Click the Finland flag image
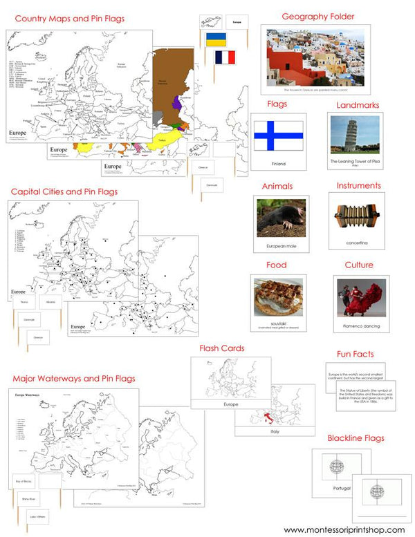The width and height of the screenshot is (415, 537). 278,135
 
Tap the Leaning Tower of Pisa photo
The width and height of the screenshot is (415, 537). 354,134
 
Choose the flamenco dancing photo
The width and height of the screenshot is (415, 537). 358,296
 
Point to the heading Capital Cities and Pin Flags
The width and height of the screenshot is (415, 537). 64,191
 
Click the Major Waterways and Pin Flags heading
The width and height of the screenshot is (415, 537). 73,378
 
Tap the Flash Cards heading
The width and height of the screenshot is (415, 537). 221,348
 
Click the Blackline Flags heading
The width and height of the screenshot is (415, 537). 356,437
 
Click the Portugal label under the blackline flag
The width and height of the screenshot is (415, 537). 342,488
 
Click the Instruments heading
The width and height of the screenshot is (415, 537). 358,185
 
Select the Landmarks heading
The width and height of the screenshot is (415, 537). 358,104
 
